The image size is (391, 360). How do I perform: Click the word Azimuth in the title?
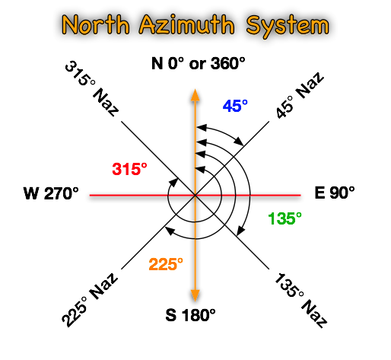point(186,25)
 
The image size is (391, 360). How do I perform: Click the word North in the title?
point(96,24)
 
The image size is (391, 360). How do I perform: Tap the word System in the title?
point(288,26)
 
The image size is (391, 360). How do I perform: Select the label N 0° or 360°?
point(199,63)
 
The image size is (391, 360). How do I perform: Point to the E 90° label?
point(335,193)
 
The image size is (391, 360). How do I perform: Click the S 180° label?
point(190,315)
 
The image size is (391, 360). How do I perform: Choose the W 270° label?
point(51,193)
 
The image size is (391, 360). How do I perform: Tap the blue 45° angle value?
point(235,106)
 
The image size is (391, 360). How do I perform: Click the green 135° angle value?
point(285,218)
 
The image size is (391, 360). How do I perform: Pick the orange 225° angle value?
point(166,264)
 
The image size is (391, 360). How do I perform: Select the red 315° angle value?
point(129,169)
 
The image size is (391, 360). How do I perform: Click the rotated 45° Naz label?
point(300,95)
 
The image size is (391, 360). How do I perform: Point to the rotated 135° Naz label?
point(300,301)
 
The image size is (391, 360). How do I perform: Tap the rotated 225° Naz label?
point(90,300)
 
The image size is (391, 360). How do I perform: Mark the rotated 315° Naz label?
point(91,88)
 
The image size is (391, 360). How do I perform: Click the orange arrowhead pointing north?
point(195,95)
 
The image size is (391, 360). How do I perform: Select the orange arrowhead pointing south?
point(195,295)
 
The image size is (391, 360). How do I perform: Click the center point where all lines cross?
point(195,195)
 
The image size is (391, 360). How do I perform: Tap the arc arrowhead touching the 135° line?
point(240,231)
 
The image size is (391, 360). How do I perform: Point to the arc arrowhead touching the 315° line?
point(173,183)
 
